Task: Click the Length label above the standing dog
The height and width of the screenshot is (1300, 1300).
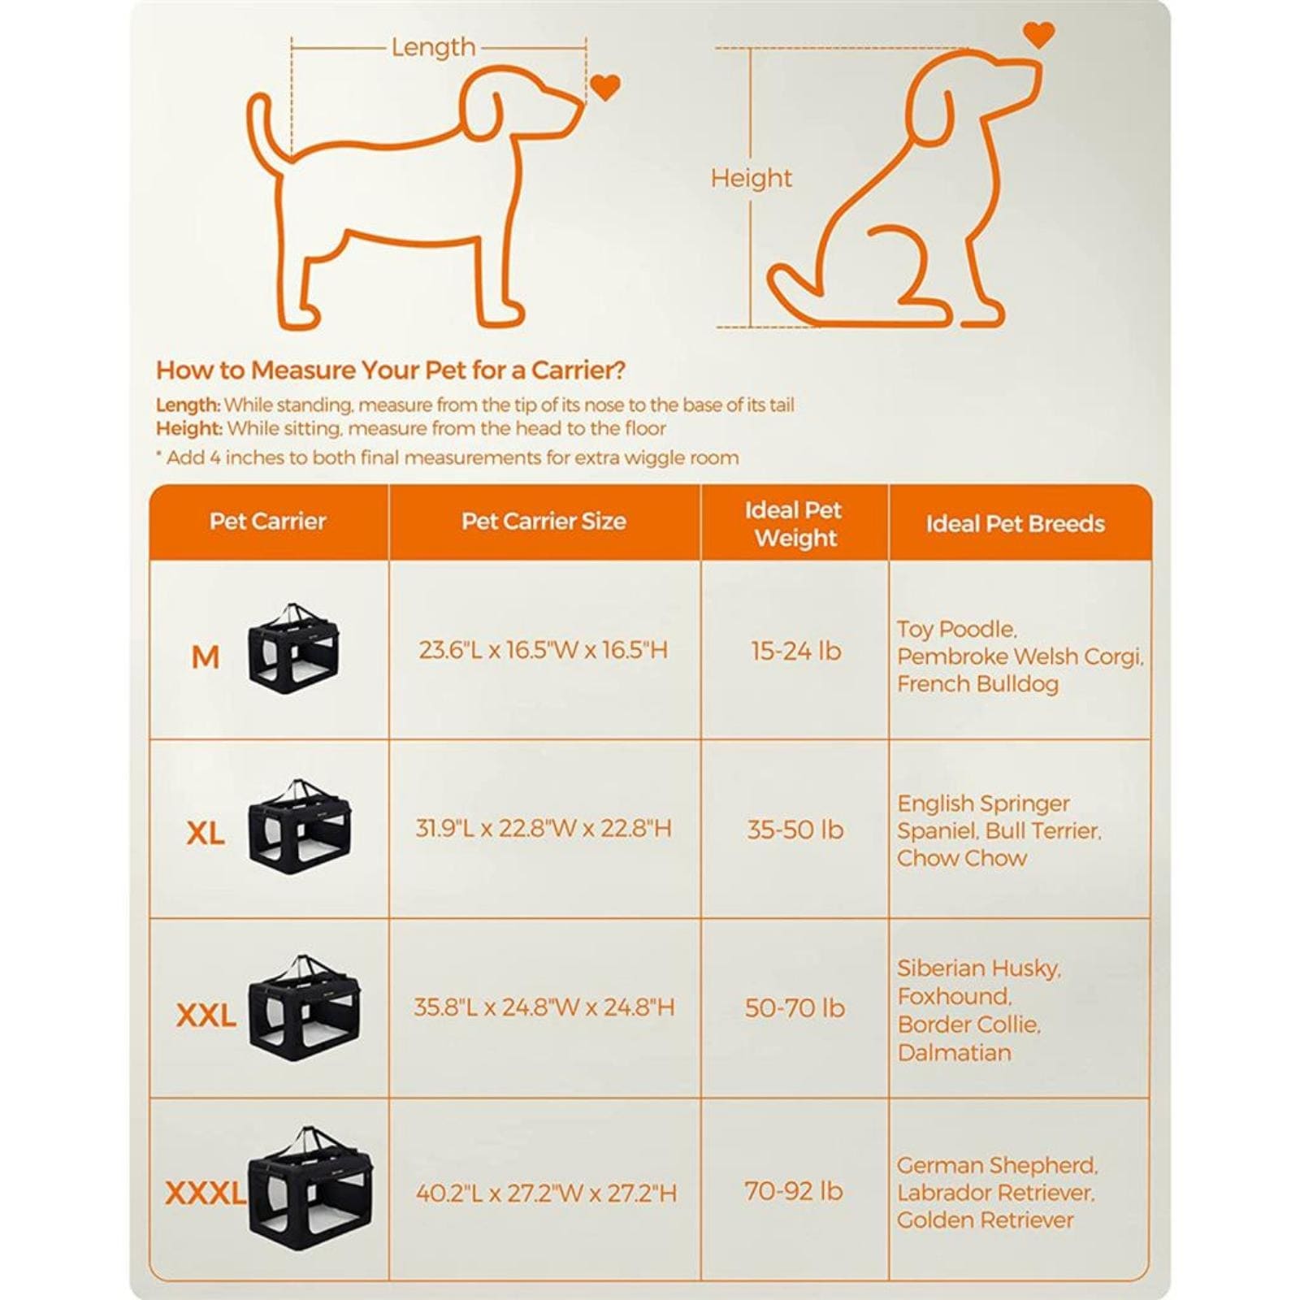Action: tap(433, 47)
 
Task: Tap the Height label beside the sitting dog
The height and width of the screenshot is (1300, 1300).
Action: tap(751, 178)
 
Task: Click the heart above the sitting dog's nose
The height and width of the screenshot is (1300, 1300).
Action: tap(1038, 34)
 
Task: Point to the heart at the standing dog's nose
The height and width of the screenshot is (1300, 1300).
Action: tap(604, 86)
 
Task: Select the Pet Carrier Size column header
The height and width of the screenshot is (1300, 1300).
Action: tap(544, 522)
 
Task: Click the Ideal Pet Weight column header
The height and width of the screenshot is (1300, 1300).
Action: tap(795, 524)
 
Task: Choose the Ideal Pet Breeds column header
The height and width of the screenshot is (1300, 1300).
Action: tap(1015, 524)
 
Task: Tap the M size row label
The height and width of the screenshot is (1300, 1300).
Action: tap(206, 656)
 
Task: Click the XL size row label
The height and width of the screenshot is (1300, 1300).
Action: tap(206, 833)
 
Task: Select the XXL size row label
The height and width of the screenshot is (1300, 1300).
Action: tap(206, 1015)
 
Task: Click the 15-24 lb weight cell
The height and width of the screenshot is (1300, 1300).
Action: tap(795, 651)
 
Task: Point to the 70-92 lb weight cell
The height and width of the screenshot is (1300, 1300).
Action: tap(794, 1191)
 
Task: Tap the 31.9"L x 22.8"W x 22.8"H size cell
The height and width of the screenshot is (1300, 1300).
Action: tap(544, 829)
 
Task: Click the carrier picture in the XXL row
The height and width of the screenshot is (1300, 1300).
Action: tap(305, 1008)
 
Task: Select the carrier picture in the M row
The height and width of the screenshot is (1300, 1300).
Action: tap(294, 648)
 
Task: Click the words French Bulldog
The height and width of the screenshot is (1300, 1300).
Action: tap(977, 684)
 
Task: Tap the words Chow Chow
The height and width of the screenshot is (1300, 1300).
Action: tap(962, 858)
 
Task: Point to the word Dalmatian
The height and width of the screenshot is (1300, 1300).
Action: tap(954, 1053)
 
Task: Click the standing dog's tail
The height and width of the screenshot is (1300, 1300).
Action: tap(264, 130)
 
